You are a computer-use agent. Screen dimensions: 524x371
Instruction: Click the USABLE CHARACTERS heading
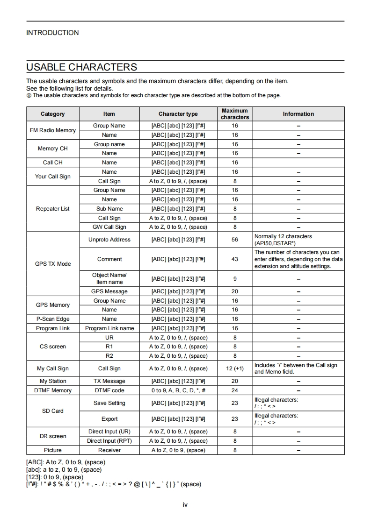pyautogui.click(x=82, y=67)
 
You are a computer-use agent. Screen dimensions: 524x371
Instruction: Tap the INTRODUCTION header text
pyautogui.click(x=52, y=33)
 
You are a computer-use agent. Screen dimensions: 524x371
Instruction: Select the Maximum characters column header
pyautogui.click(x=234, y=114)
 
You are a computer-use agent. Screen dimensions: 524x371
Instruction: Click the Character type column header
pyautogui.click(x=178, y=114)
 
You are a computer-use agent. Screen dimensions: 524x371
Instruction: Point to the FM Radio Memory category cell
pyautogui.click(x=53, y=130)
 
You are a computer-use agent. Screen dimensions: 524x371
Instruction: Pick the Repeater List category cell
pyautogui.click(x=53, y=209)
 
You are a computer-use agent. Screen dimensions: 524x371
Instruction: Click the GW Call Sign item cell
pyautogui.click(x=109, y=227)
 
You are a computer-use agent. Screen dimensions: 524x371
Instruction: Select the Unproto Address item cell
pyautogui.click(x=109, y=240)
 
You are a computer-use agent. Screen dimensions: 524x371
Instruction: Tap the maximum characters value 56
pyautogui.click(x=234, y=240)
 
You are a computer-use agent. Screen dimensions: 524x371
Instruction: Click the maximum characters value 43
pyautogui.click(x=234, y=259)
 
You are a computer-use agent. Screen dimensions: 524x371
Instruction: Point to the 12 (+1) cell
pyautogui.click(x=234, y=368)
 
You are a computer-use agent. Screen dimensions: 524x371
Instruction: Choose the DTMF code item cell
pyautogui.click(x=109, y=390)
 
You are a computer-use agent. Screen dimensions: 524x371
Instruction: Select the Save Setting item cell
pyautogui.click(x=109, y=403)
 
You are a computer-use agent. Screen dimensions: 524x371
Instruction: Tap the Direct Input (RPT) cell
pyautogui.click(x=109, y=441)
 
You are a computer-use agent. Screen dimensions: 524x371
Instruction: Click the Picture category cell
pyautogui.click(x=53, y=450)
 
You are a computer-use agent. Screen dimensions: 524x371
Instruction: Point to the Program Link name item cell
pyautogui.click(x=109, y=328)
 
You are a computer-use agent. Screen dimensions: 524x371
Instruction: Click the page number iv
pyautogui.click(x=185, y=504)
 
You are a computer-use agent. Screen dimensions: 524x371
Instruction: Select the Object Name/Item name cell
pyautogui.click(x=109, y=278)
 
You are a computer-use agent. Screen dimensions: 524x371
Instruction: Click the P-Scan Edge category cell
pyautogui.click(x=53, y=319)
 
